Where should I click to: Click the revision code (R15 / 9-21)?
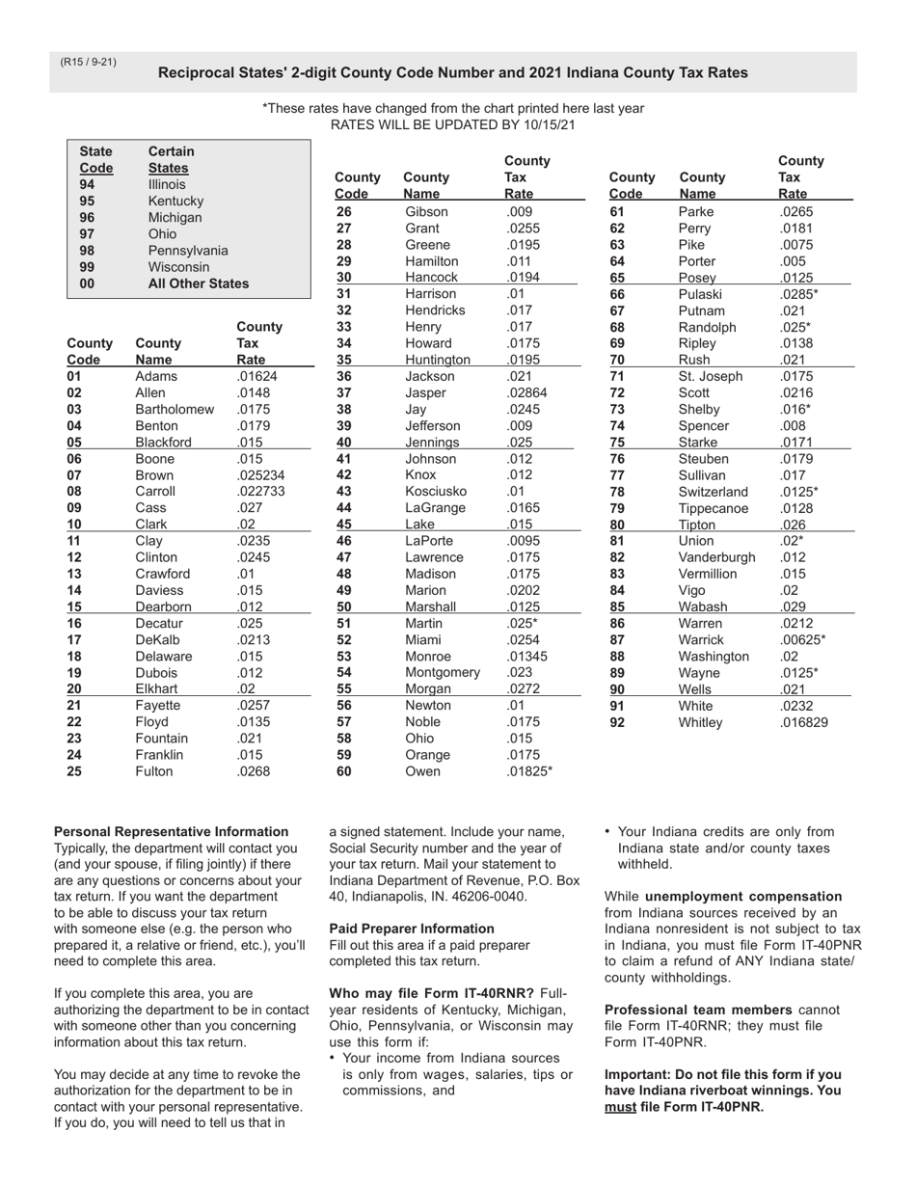point(88,63)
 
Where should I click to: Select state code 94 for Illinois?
point(87,184)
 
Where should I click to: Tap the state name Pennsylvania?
point(188,251)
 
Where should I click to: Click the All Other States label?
point(198,283)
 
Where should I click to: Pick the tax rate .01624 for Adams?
point(256,376)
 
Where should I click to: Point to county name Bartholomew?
point(175,409)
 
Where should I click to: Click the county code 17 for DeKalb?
point(74,639)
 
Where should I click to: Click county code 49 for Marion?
point(344,590)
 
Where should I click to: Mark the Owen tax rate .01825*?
point(529,771)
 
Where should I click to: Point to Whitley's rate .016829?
point(803,722)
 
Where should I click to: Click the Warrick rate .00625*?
point(802,639)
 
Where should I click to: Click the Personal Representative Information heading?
point(171,831)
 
